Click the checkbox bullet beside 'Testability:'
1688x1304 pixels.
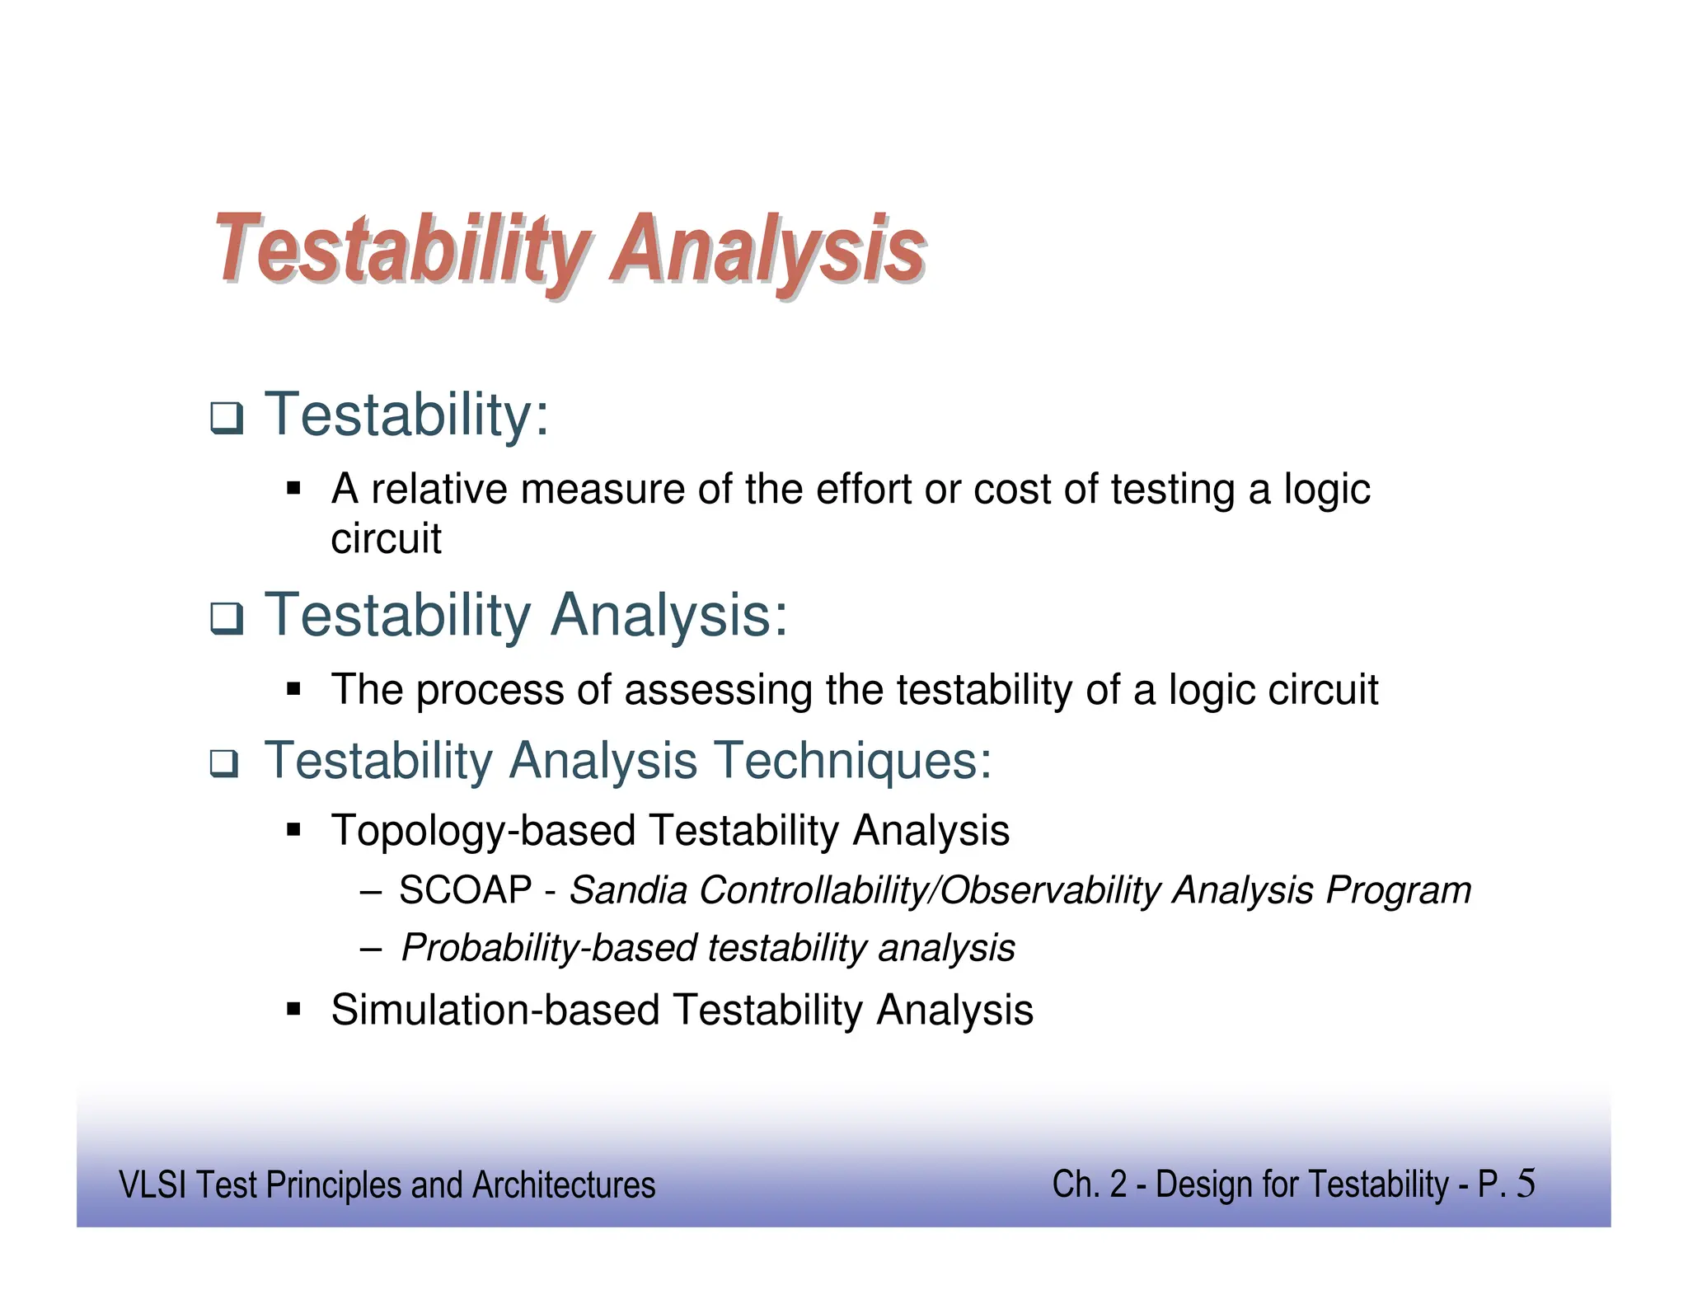(226, 418)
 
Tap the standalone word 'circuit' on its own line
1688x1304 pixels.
(386, 539)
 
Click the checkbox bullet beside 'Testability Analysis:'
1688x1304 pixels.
(226, 618)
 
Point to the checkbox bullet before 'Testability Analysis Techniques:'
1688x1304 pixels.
(223, 764)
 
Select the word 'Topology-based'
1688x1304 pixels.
(483, 831)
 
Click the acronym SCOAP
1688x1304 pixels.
(466, 890)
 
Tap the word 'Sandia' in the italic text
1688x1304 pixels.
(628, 890)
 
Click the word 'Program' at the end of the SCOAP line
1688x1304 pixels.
(1398, 890)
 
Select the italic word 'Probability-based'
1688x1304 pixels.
(549, 948)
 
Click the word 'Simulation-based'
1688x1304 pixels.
(495, 1011)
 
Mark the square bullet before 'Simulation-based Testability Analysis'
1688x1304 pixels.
(293, 1008)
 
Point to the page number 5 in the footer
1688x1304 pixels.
(1526, 1184)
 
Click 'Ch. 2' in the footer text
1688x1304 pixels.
(1089, 1185)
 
